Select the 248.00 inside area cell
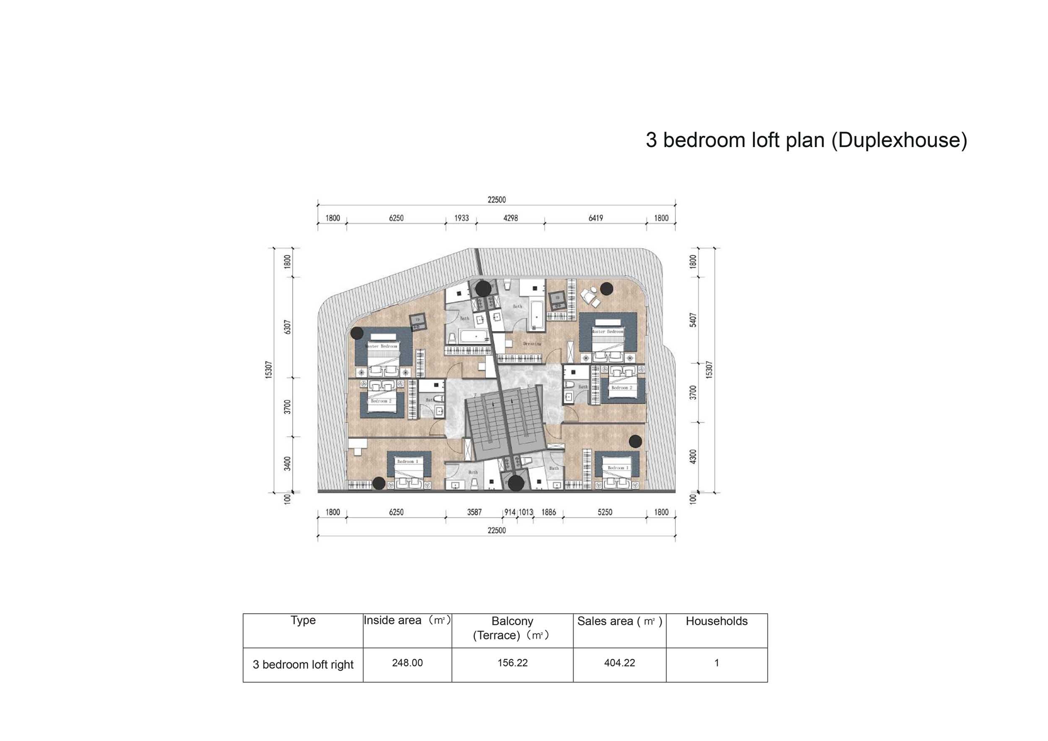coord(407,663)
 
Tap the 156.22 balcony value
coord(512,663)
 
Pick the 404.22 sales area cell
coord(620,663)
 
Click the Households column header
coord(716,621)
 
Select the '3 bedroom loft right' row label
coord(303,664)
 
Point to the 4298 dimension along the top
coord(510,218)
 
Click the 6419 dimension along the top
coord(595,218)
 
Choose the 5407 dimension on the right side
coord(693,319)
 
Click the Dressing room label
coord(532,344)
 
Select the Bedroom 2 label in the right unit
coord(622,387)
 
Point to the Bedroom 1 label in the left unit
coord(407,461)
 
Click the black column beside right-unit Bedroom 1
coord(636,441)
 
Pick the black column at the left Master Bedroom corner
coord(357,333)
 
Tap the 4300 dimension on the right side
coord(693,456)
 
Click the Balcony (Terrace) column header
coord(512,628)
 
